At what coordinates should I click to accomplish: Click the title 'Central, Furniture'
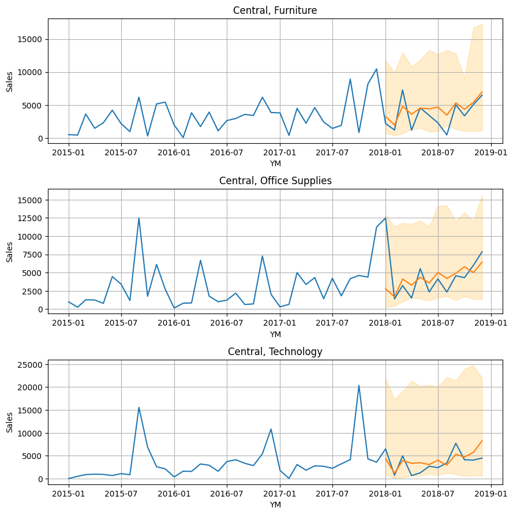pyautogui.click(x=275, y=10)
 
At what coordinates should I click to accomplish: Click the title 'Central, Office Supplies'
pyautogui.click(x=275, y=181)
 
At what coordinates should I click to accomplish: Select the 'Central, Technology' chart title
pyautogui.click(x=275, y=352)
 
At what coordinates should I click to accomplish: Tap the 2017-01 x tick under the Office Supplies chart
pyautogui.click(x=280, y=323)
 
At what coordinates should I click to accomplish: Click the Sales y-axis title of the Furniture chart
pyautogui.click(x=9, y=81)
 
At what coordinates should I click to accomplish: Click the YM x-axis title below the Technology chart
pyautogui.click(x=275, y=505)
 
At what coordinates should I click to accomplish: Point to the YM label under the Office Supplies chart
pyautogui.click(x=275, y=334)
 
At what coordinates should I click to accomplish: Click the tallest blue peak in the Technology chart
pyautogui.click(x=359, y=386)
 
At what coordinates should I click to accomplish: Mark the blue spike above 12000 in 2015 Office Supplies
pyautogui.click(x=139, y=218)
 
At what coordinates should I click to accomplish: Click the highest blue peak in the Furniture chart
pyautogui.click(x=376, y=69)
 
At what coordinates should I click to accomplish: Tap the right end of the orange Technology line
pyautogui.click(x=482, y=441)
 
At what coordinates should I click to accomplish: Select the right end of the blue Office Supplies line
pyautogui.click(x=482, y=252)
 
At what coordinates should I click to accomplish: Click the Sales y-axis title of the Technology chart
pyautogui.click(x=9, y=422)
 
